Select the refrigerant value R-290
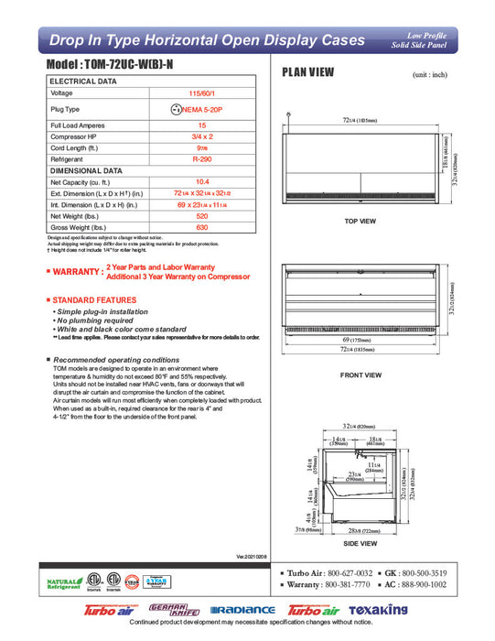[x=202, y=158]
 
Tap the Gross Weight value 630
[x=202, y=226]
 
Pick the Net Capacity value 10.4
[x=202, y=181]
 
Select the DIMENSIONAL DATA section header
[x=86, y=170]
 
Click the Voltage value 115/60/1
[x=202, y=92]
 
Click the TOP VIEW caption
[x=361, y=222]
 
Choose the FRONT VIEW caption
[x=360, y=375]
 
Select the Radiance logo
[x=242, y=610]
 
